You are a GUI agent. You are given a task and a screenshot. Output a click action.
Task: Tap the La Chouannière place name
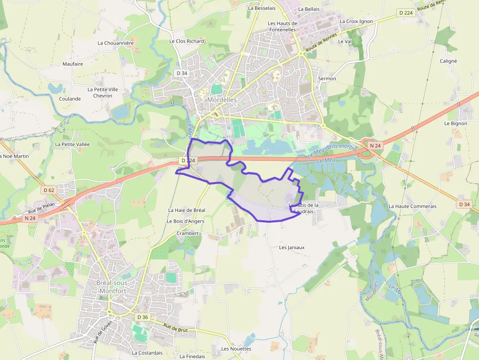tap(115, 43)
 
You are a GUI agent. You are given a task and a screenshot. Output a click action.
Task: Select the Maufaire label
tap(73, 64)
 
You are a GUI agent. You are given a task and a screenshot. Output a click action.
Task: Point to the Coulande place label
tap(70, 99)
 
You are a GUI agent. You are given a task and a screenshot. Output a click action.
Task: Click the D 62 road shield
tap(49, 190)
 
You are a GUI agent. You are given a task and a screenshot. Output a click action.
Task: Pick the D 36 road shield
tap(142, 318)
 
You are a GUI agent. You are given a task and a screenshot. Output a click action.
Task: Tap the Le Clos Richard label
tap(187, 42)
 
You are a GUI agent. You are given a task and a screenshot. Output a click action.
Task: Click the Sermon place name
tap(327, 79)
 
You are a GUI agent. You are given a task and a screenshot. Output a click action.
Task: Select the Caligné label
tap(448, 61)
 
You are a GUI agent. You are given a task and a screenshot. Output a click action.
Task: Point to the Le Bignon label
tap(456, 124)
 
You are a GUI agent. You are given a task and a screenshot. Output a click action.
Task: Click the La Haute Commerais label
tap(412, 207)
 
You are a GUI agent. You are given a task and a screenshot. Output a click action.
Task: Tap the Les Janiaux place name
tap(291, 248)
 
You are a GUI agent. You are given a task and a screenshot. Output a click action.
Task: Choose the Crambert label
tap(188, 233)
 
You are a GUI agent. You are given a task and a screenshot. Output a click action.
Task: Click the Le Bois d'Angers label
tap(185, 221)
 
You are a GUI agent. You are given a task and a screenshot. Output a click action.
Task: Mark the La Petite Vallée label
tap(72, 145)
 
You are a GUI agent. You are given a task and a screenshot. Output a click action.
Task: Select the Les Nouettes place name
tap(236, 349)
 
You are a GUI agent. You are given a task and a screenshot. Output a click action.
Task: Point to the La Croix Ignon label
tap(356, 21)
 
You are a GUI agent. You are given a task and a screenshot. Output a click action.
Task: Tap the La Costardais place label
tap(147, 353)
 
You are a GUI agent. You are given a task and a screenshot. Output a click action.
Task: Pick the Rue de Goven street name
tap(102, 332)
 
